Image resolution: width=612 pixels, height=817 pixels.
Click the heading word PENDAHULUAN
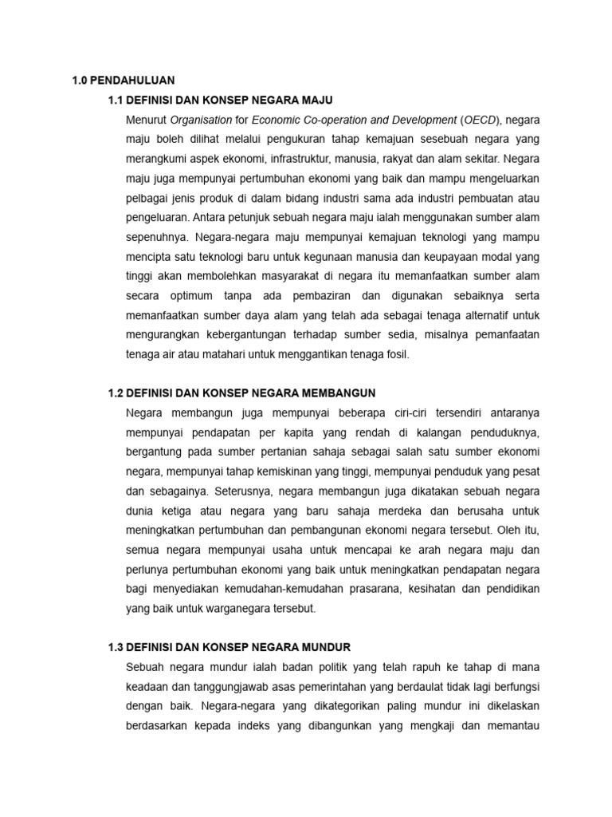point(131,80)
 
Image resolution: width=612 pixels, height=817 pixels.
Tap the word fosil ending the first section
point(394,353)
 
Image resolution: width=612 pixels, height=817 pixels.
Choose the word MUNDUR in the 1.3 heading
point(326,646)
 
